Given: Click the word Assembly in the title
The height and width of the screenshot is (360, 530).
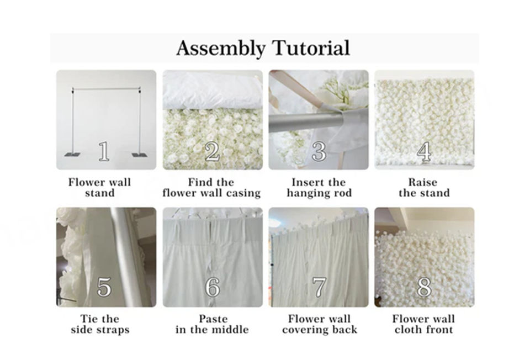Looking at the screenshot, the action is (x=221, y=49).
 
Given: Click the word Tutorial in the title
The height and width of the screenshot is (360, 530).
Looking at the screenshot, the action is (x=311, y=47).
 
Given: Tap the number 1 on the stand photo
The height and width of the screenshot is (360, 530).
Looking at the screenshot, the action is (x=104, y=151).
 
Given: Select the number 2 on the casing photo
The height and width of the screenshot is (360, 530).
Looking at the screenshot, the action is (x=212, y=151).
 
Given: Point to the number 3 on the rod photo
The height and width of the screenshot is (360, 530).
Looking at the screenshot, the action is (x=319, y=151).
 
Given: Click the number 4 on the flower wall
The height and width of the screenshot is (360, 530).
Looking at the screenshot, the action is (x=424, y=151).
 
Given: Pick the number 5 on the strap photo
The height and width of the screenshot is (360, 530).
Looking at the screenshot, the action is (x=104, y=287).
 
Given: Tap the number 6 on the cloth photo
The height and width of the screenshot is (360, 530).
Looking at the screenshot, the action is (x=213, y=287).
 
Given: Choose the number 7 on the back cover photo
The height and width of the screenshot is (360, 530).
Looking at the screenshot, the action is (x=319, y=287).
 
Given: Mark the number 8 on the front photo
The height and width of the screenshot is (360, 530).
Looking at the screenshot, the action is (x=424, y=287).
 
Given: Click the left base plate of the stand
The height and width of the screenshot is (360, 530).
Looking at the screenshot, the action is (x=73, y=155).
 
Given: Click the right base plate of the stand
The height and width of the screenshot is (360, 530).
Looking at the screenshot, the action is (x=139, y=155).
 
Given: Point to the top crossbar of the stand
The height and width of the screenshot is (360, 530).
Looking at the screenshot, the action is (x=106, y=89).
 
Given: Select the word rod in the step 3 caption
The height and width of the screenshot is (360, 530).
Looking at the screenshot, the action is (x=343, y=193).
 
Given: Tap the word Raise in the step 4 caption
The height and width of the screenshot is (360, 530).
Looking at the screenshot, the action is (x=422, y=182).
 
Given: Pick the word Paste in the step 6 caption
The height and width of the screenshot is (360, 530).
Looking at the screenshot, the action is (x=213, y=319).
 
